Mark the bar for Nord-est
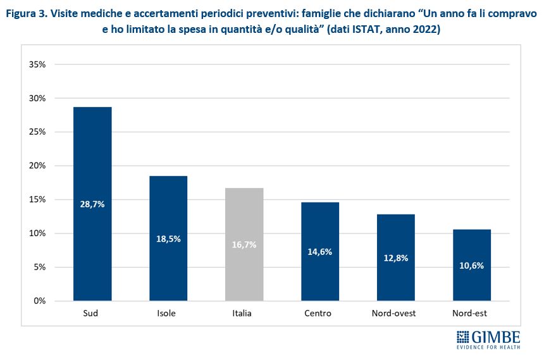point(472,240)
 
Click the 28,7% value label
point(92,204)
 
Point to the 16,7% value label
point(244,245)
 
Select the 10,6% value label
point(472,266)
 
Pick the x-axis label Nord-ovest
point(396,314)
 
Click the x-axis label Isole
point(168,314)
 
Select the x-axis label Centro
point(320,314)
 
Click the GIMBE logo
point(488,338)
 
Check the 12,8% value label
point(396,258)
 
